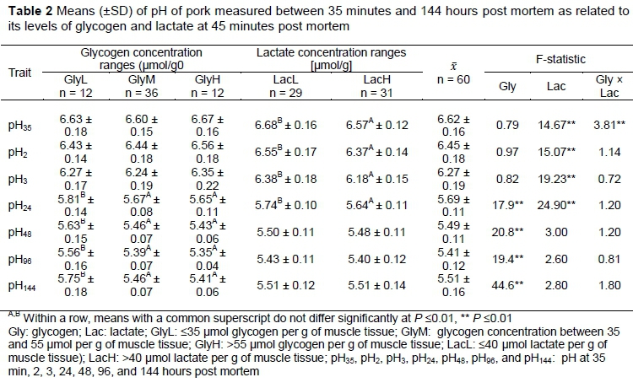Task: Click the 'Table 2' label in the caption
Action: [x=24, y=9]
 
